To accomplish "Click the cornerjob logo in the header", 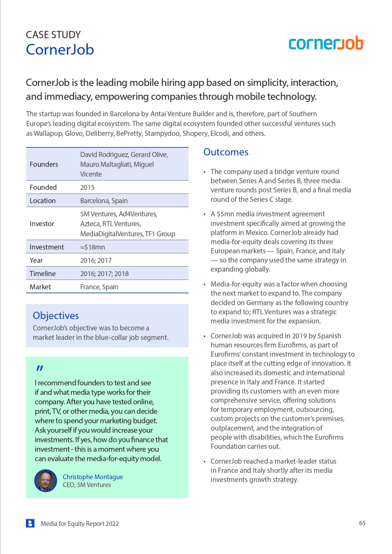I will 326,43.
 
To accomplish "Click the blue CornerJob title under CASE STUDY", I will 60,50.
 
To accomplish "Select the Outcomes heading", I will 226,152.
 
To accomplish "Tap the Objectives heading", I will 56,316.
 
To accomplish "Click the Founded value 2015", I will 87,187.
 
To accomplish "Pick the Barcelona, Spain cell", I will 104,201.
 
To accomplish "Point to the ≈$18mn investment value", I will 92,247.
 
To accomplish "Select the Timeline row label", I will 42,274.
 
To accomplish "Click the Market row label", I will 40,287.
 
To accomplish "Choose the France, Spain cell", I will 99,287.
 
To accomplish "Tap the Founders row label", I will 44,164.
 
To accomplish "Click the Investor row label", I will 42,224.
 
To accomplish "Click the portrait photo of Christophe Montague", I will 46,481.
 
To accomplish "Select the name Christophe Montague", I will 93,477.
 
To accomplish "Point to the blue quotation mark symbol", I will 40,368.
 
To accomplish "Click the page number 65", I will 362,523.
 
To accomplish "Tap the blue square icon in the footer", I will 30,523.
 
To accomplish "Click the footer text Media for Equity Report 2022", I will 80,524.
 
